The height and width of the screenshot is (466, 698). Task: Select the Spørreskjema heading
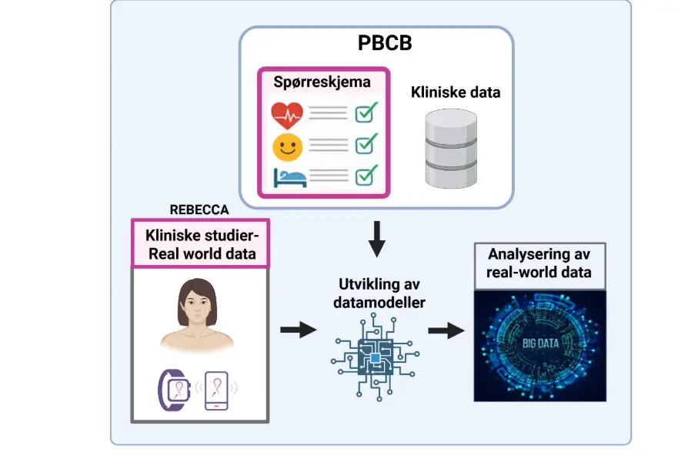(322, 81)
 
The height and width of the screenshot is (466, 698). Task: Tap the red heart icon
(287, 116)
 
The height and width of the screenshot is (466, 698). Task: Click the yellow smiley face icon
(287, 146)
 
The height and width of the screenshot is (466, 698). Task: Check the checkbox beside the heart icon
(366, 114)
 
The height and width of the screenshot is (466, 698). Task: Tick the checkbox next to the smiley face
(366, 144)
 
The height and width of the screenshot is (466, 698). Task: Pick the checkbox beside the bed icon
(366, 175)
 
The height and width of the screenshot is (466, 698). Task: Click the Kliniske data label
(455, 93)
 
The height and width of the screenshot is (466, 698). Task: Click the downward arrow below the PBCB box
(376, 239)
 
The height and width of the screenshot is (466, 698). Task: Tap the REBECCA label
(199, 210)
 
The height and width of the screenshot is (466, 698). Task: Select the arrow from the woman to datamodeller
(298, 330)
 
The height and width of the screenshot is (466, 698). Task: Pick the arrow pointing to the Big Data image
(446, 330)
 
